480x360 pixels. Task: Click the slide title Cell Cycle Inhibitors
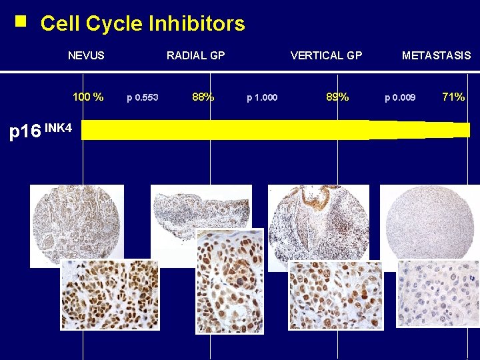tap(142, 24)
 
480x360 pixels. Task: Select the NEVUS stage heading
tap(86, 56)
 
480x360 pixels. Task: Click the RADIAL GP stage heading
tap(195, 56)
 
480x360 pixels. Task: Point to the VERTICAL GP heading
tap(326, 56)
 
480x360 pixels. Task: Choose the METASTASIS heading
tap(436, 56)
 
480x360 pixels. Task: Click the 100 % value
tap(88, 97)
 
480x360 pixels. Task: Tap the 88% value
tap(203, 97)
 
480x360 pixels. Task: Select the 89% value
tap(337, 97)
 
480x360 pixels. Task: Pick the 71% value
tap(453, 97)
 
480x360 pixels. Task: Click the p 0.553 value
tap(143, 98)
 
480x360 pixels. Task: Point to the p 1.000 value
tap(262, 98)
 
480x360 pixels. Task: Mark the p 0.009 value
tap(400, 98)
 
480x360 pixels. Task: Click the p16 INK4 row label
tap(40, 131)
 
